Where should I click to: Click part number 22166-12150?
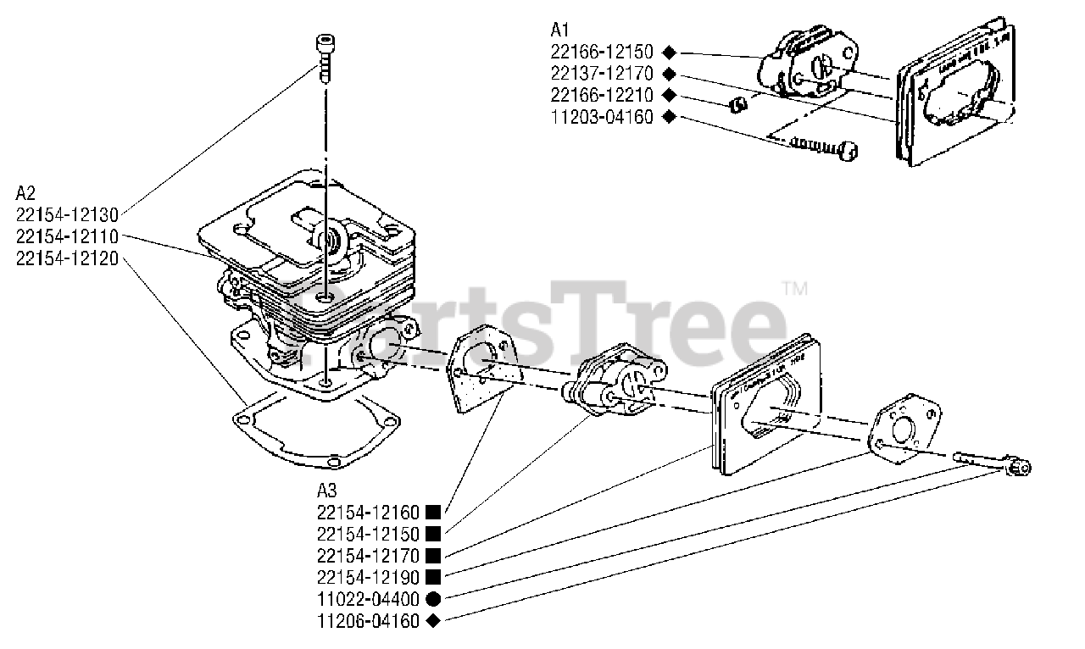pyautogui.click(x=602, y=52)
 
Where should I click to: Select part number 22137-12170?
pyautogui.click(x=602, y=74)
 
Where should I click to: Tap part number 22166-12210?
pyautogui.click(x=602, y=95)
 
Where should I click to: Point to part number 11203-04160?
pyautogui.click(x=602, y=117)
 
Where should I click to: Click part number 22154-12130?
pyautogui.click(x=67, y=214)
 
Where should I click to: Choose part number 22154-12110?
pyautogui.click(x=67, y=236)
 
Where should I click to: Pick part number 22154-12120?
pyautogui.click(x=67, y=258)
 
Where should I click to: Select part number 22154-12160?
pyautogui.click(x=369, y=512)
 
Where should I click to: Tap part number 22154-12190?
pyautogui.click(x=369, y=577)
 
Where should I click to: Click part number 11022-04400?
pyautogui.click(x=369, y=599)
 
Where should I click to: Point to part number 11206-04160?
pyautogui.click(x=369, y=621)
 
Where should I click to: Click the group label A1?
pyautogui.click(x=560, y=31)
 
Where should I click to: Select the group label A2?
pyautogui.click(x=25, y=191)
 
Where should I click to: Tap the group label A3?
pyautogui.click(x=327, y=490)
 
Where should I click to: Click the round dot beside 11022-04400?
pyautogui.click(x=433, y=599)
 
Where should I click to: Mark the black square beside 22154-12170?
pyautogui.click(x=433, y=556)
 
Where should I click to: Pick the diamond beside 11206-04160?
pyautogui.click(x=433, y=621)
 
